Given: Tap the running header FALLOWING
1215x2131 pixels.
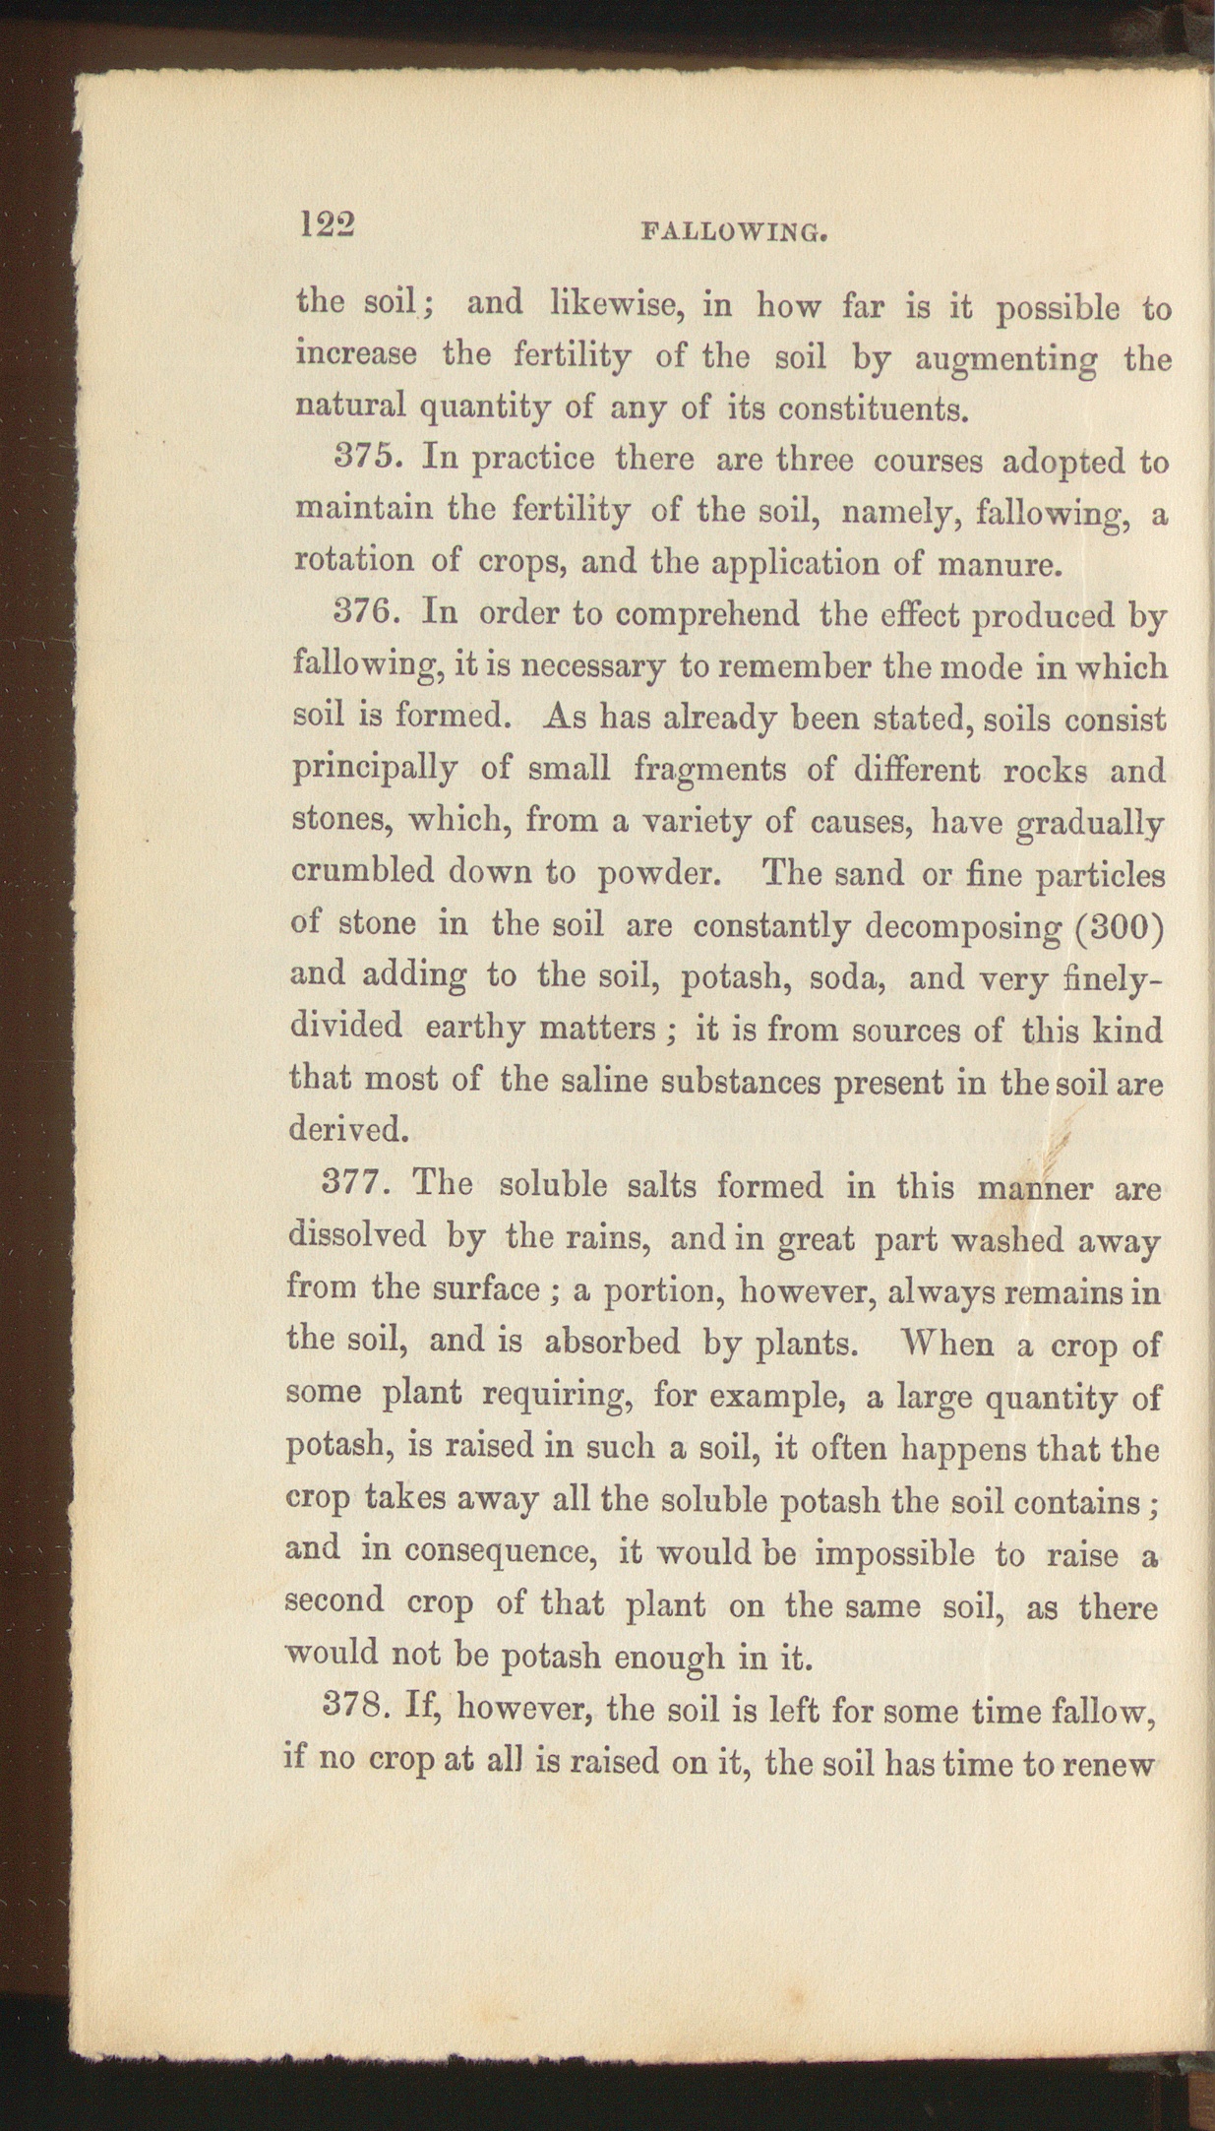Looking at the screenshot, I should [x=732, y=233].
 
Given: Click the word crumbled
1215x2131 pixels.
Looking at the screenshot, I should [x=362, y=872].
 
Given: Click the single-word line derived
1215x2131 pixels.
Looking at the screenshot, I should [x=347, y=1129].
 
